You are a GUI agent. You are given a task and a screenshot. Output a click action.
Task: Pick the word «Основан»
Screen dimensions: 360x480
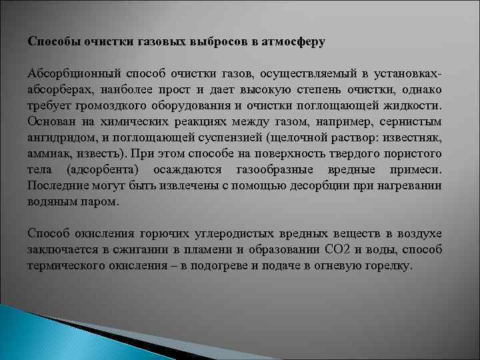tap(51, 122)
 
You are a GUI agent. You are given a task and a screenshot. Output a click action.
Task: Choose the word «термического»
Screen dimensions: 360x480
tap(69, 266)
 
